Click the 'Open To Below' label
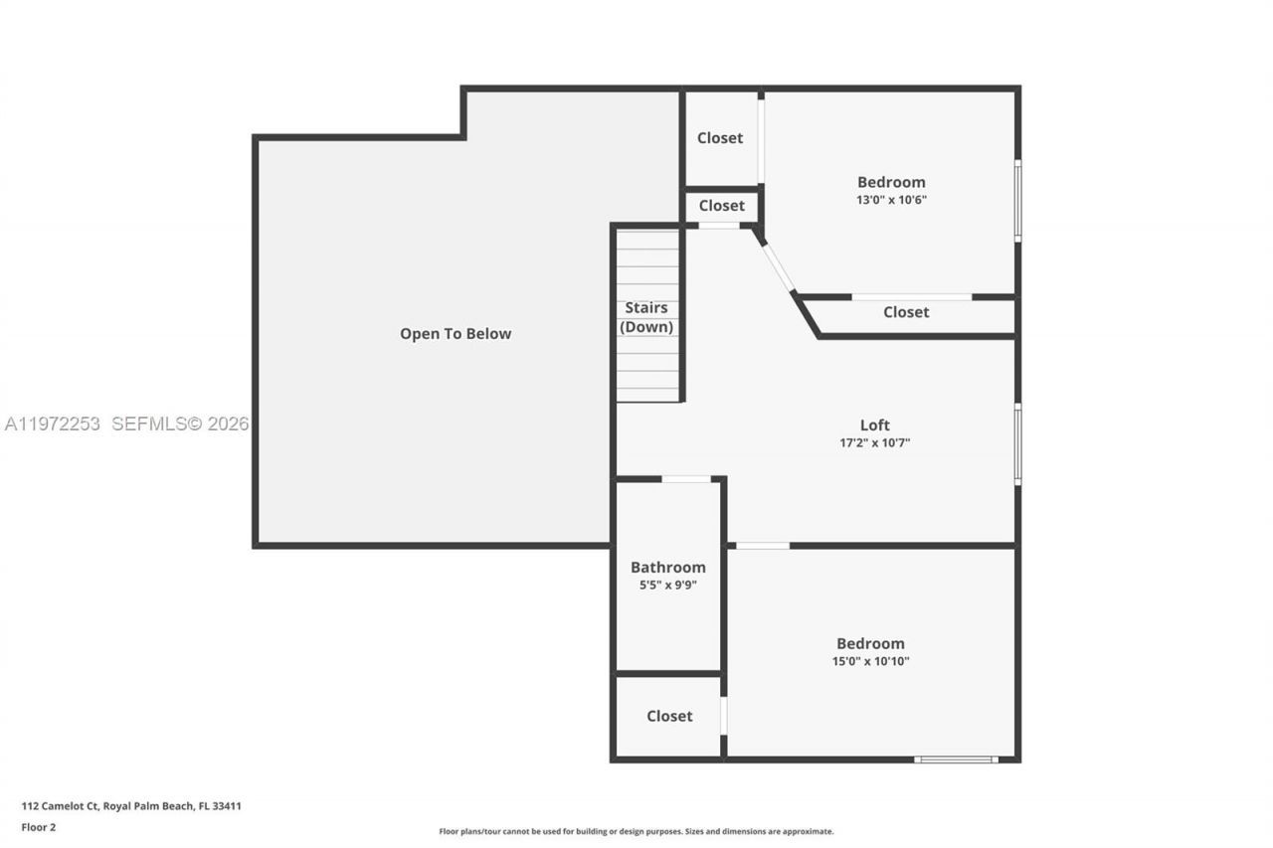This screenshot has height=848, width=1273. point(455,334)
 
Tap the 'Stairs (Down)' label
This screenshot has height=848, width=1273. point(646,317)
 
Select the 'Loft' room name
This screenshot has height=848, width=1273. point(874,425)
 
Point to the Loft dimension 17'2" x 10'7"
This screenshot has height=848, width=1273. point(874,443)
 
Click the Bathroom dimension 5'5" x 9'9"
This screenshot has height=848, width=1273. point(667,586)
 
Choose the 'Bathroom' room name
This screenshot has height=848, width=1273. point(667,568)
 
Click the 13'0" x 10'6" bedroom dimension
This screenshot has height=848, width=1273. point(891,200)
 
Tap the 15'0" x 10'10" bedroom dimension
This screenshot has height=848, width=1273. point(870,661)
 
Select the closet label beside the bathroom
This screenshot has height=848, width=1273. point(669,716)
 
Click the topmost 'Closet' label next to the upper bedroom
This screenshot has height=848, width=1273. point(719,138)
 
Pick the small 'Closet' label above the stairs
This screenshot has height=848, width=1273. point(721,206)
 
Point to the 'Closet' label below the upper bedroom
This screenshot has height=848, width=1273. point(906,312)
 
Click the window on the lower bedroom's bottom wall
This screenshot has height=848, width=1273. point(956,760)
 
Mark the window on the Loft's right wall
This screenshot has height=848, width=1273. point(1017,443)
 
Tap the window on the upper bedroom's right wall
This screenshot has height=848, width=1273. point(1017,200)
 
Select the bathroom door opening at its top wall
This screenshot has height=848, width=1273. point(686,479)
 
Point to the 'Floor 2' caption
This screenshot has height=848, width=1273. point(38,826)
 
